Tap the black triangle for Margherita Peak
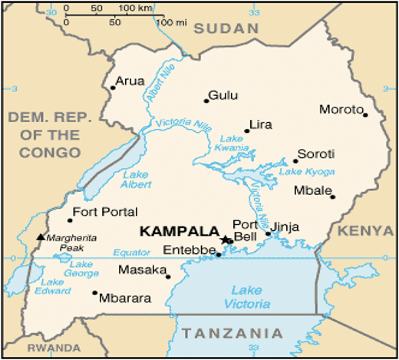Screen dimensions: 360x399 (41, 236)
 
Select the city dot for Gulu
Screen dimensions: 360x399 (206, 101)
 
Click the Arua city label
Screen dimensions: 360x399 (130, 81)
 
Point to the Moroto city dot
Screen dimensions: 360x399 (365, 115)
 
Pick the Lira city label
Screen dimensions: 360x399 (262, 124)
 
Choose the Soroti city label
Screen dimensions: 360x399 (315, 153)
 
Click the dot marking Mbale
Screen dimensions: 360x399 (333, 197)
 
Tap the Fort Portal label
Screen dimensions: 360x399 (104, 212)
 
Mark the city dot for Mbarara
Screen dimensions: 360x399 (95, 292)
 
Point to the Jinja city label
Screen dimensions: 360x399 (285, 227)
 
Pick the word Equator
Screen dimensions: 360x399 (127, 252)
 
